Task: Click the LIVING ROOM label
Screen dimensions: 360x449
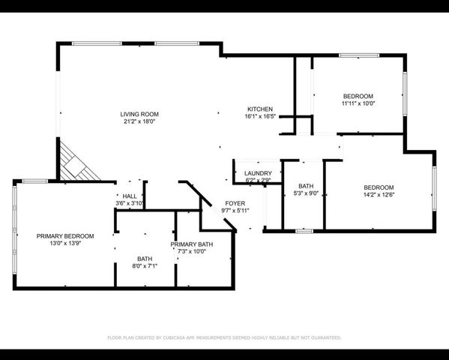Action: tap(139, 114)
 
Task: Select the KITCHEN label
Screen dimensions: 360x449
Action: tap(260, 109)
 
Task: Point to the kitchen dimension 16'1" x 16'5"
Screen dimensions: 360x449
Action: tap(260, 116)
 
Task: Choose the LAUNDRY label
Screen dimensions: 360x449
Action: tap(258, 173)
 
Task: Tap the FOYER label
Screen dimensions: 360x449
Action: tap(235, 203)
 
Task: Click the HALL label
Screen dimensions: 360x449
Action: tap(129, 196)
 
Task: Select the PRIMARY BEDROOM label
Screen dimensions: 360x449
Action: tap(65, 236)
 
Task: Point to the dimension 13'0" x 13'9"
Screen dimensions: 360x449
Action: tap(65, 244)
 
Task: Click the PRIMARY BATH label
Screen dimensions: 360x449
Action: tap(191, 244)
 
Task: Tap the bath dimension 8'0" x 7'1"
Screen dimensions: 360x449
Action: tap(144, 265)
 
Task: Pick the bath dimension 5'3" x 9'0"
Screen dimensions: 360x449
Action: tap(305, 193)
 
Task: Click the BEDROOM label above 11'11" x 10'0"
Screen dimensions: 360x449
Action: tap(358, 96)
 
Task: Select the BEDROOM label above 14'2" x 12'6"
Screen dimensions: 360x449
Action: tap(379, 187)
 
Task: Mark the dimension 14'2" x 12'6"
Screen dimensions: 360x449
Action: tap(379, 195)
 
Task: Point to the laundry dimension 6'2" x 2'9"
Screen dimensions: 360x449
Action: tap(258, 181)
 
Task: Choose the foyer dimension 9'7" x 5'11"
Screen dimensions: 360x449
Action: tap(235, 211)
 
